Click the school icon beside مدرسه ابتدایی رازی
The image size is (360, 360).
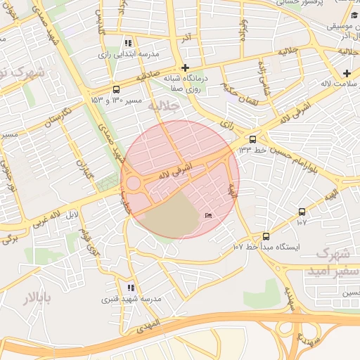128,43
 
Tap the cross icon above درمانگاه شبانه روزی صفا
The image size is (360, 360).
185,68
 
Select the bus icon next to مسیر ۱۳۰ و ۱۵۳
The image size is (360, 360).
116,89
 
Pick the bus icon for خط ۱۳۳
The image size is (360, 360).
252,139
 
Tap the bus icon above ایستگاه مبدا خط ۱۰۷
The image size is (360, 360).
266,236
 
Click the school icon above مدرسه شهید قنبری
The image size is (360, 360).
131,288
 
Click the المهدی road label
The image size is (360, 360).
149,326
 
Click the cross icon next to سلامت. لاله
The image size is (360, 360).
347,73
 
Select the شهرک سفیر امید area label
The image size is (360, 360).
334,262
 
